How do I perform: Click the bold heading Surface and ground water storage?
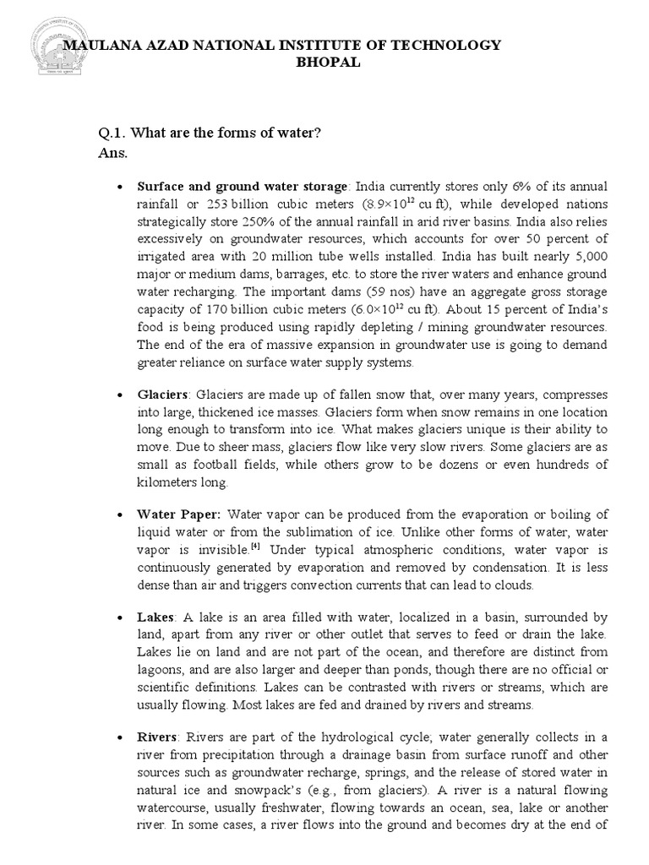pos(243,186)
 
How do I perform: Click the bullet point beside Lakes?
pos(122,618)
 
